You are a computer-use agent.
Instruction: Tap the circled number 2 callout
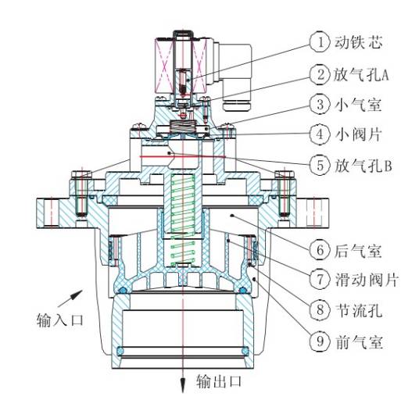pos(318,74)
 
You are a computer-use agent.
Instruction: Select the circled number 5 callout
pos(318,165)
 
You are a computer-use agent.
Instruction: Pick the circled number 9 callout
pos(318,341)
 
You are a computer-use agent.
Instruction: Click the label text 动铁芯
pos(356,39)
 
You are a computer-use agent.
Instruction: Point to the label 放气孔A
pos(362,74)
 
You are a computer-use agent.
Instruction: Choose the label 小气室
pos(356,104)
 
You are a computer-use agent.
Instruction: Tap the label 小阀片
pos(356,134)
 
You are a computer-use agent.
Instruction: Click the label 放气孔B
pos(362,165)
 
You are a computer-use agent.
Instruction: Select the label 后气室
pos(356,251)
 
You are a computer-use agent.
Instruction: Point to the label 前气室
pos(356,341)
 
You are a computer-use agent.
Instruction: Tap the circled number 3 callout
pos(318,104)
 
